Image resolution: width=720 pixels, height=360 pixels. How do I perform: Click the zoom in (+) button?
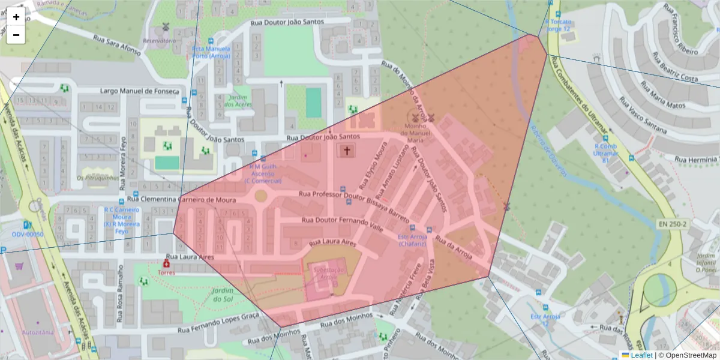16,17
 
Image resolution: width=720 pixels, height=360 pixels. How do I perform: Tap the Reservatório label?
158,41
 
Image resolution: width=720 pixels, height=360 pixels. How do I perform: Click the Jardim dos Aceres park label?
238,101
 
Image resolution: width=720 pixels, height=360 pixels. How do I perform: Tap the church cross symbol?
346,150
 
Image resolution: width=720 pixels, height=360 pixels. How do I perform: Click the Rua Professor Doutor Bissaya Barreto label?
354,203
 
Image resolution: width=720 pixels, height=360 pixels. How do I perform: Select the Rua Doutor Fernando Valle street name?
342,224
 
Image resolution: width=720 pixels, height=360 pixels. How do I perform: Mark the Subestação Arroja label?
325,273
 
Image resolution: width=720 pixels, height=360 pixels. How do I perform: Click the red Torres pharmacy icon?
166,263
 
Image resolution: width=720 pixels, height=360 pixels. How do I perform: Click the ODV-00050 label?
28,235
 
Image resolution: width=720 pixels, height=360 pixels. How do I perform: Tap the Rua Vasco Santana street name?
662,124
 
